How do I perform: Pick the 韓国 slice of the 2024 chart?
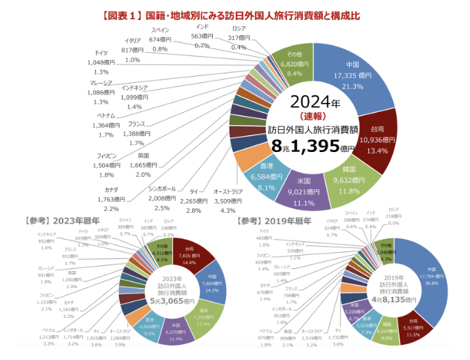coord(348,181)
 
